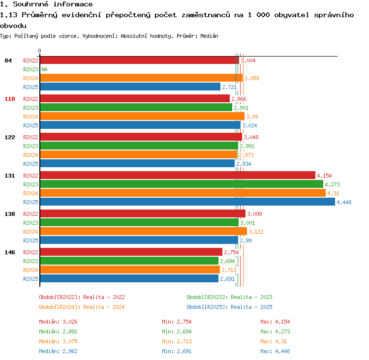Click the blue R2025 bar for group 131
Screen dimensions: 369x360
coord(187,202)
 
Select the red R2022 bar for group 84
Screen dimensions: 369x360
coord(140,60)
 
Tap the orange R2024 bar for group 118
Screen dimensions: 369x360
coord(142,116)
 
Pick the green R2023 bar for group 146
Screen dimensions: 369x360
coord(129,261)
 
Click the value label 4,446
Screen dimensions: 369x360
coord(344,202)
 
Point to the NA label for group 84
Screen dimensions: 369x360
coord(44,69)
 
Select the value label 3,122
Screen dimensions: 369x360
coord(256,232)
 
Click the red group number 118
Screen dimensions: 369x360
coord(10,99)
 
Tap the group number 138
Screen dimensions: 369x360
coord(10,214)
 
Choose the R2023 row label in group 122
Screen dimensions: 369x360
coord(31,146)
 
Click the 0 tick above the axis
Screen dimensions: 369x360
coord(39,51)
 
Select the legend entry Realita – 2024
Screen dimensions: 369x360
coord(104,307)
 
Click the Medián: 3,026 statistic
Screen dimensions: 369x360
coord(58,322)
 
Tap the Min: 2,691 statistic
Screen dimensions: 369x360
coord(177,351)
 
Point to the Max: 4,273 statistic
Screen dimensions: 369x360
coord(275,331)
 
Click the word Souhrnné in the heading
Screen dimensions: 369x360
coord(31,4)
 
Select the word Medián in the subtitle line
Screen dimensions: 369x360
coord(209,36)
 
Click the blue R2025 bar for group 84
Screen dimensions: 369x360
coord(130,87)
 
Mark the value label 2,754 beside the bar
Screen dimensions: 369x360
coord(231,252)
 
